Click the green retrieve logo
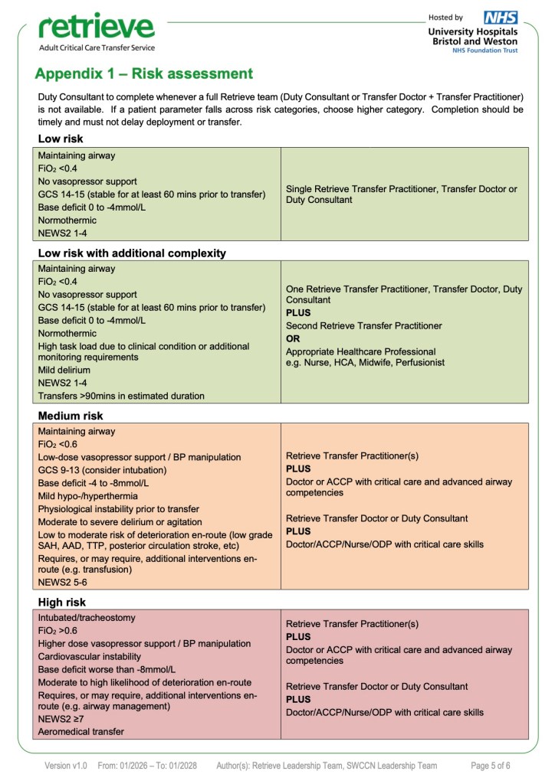click(96, 28)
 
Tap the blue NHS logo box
click(501, 17)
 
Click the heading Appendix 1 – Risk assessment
click(143, 74)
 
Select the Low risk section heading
click(61, 139)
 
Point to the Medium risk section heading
click(70, 416)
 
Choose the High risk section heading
click(62, 602)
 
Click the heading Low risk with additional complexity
click(132, 253)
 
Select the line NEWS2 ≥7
click(62, 719)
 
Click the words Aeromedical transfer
click(81, 732)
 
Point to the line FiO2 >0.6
click(57, 631)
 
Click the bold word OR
click(293, 338)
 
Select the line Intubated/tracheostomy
click(87, 617)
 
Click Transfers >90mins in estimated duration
click(121, 396)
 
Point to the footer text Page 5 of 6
click(491, 766)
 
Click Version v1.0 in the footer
click(66, 766)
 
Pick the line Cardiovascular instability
click(90, 656)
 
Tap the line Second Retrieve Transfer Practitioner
click(363, 326)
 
